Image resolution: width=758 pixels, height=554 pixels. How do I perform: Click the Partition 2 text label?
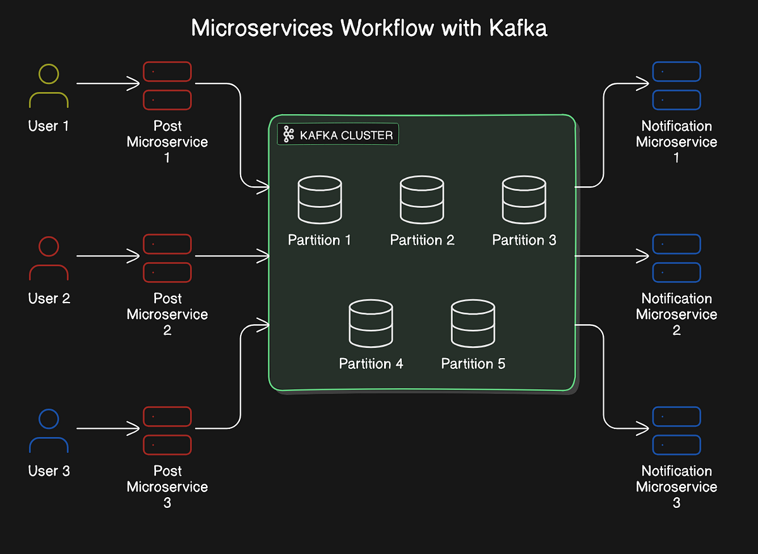422,240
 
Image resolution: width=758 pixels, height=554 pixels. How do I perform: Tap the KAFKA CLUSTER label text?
346,135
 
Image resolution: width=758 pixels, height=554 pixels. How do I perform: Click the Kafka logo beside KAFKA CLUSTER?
289,135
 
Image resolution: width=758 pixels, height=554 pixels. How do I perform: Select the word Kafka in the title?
518,28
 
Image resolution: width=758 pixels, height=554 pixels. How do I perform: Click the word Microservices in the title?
262,28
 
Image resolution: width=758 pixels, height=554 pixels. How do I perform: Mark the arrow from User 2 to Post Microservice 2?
108,256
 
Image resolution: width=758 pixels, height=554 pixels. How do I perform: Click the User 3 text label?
49,471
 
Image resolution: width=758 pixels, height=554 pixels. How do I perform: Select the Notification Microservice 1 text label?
677,142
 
